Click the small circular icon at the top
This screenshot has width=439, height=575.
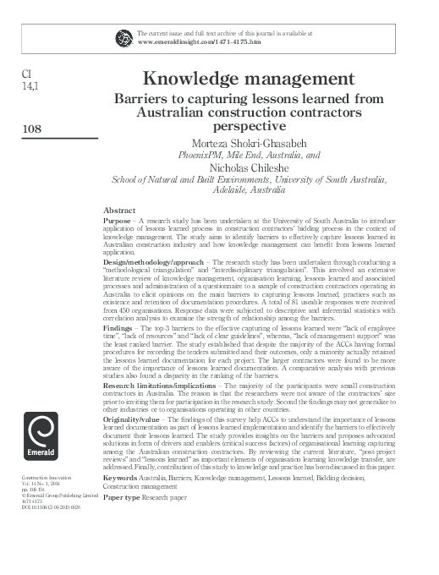(x=123, y=38)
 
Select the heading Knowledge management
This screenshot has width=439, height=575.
(x=248, y=79)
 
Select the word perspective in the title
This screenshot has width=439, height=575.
(x=249, y=125)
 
